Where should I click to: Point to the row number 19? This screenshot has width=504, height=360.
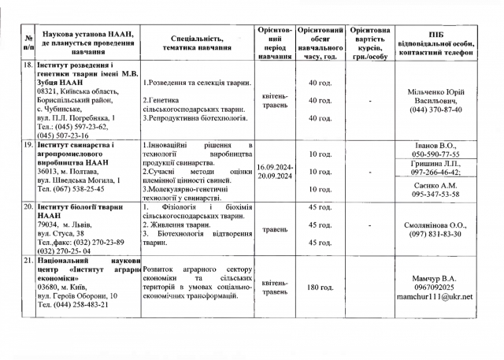click(28, 146)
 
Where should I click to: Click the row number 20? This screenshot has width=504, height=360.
click(28, 207)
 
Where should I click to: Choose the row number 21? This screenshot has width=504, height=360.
click(28, 260)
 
